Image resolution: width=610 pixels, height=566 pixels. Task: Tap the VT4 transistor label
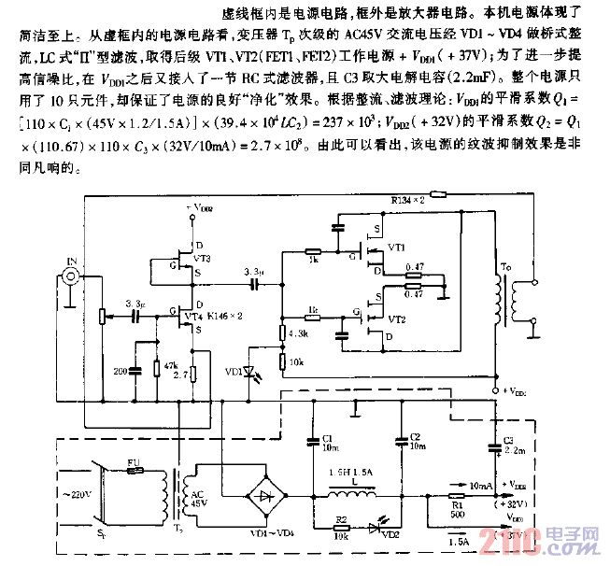coord(193,317)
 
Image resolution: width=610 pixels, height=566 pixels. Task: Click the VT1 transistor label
coord(396,248)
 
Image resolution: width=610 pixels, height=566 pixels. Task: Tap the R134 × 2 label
coord(407,199)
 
